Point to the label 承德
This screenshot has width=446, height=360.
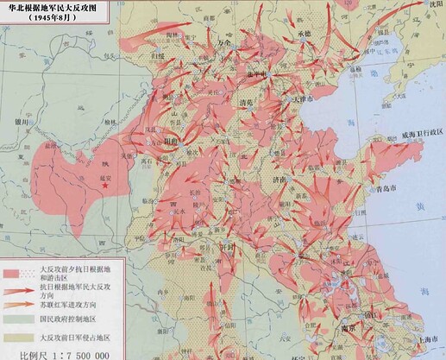[304, 34]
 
